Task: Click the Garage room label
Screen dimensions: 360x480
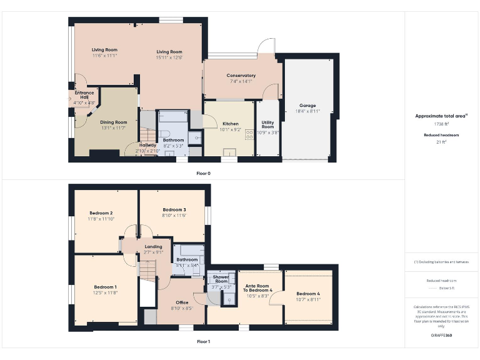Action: pyautogui.click(x=307, y=106)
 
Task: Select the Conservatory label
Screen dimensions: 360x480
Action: pyautogui.click(x=241, y=76)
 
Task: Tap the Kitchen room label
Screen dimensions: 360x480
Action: pyautogui.click(x=231, y=124)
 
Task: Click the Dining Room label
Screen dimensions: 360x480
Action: pyautogui.click(x=114, y=122)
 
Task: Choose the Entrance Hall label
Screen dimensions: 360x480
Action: pyautogui.click(x=84, y=96)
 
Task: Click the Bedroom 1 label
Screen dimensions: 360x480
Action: pyautogui.click(x=106, y=287)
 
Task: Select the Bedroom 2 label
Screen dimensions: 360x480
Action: pyautogui.click(x=100, y=213)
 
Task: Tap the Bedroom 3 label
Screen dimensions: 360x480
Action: pyautogui.click(x=174, y=209)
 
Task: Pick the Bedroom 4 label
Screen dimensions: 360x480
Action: pyautogui.click(x=307, y=294)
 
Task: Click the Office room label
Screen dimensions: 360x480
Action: pyautogui.click(x=182, y=302)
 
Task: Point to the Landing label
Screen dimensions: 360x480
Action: pyautogui.click(x=153, y=246)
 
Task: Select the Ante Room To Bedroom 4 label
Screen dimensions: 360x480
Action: pyautogui.click(x=258, y=288)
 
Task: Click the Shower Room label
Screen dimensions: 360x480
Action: pyautogui.click(x=221, y=281)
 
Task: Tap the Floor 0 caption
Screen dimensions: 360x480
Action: pyautogui.click(x=204, y=172)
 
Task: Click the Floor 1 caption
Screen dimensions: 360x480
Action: pyautogui.click(x=204, y=342)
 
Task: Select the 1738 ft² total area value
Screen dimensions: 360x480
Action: pyautogui.click(x=442, y=124)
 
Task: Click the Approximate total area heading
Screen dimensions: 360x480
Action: pyautogui.click(x=441, y=116)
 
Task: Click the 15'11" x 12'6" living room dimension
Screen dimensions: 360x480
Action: pyautogui.click(x=169, y=57)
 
